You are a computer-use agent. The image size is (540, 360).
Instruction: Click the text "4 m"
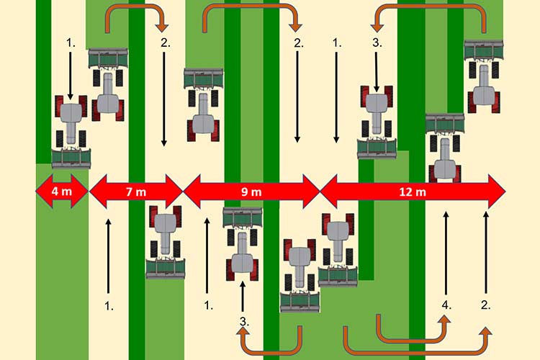click(x=61, y=191)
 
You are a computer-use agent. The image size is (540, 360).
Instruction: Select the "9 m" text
click(x=251, y=191)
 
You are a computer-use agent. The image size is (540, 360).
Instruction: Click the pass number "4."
click(x=446, y=305)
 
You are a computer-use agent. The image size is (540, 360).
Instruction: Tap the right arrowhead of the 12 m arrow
click(x=497, y=191)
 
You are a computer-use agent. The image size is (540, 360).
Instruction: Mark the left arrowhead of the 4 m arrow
click(x=41, y=191)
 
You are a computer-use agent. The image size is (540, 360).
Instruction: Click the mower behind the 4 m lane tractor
click(x=71, y=157)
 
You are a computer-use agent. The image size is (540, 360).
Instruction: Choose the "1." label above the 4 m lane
click(x=71, y=43)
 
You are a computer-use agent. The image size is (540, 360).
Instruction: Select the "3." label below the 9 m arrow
click(x=243, y=322)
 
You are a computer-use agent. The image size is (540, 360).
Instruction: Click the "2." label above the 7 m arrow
click(x=165, y=43)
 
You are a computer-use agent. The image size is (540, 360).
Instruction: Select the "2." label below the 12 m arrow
click(x=486, y=305)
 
